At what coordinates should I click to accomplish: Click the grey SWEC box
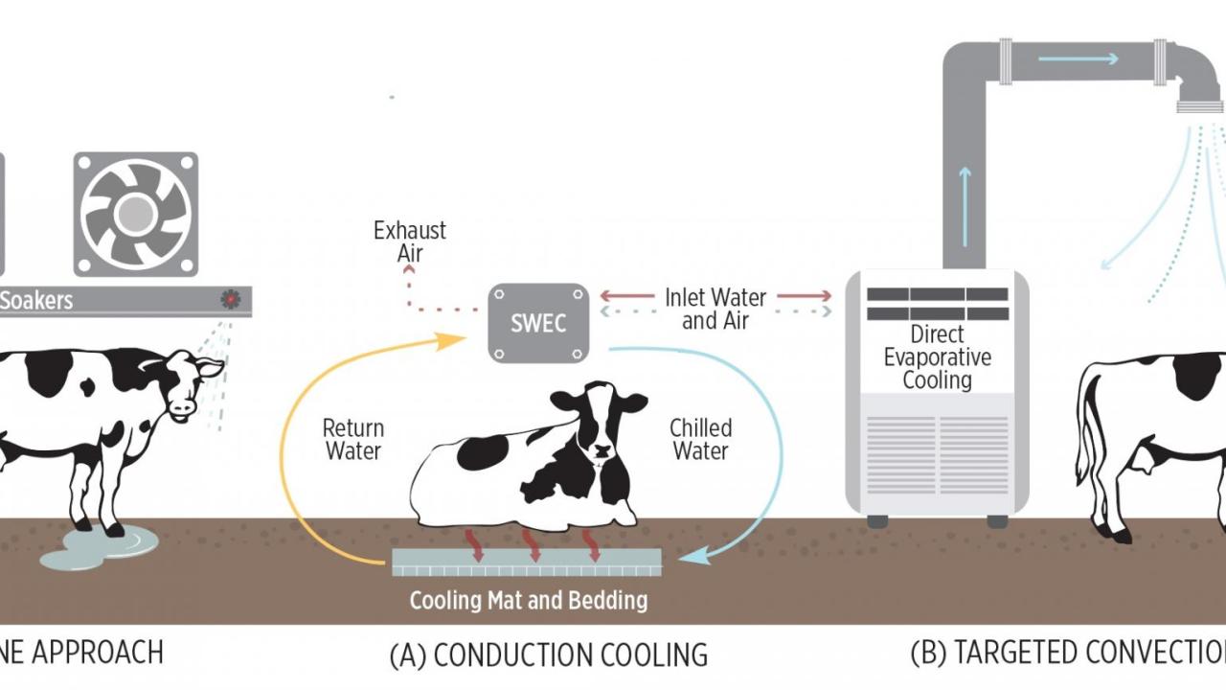[537, 323]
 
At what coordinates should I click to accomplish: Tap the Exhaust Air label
[410, 241]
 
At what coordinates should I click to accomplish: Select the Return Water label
[352, 439]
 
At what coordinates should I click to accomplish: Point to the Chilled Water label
[700, 439]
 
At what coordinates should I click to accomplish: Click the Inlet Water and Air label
[715, 309]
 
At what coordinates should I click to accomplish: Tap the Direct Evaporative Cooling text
[937, 357]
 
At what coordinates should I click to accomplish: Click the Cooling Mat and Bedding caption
[529, 601]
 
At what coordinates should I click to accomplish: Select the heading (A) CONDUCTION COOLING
[549, 655]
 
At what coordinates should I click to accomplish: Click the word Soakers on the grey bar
[36, 300]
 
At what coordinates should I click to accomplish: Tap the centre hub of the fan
[136, 213]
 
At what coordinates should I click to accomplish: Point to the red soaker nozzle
[231, 299]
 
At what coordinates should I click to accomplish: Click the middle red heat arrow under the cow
[533, 543]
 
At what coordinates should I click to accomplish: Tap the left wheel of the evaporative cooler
[876, 521]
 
